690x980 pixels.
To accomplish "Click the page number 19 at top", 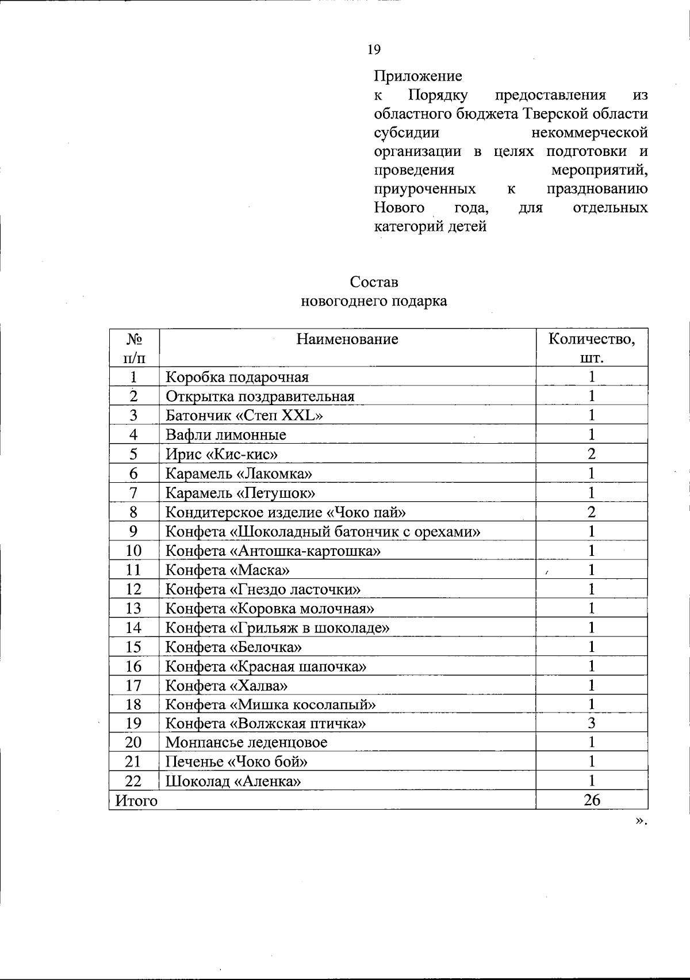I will click(x=374, y=50).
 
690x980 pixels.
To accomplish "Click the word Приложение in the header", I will click(x=418, y=76).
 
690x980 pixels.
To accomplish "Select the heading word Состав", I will click(x=374, y=283).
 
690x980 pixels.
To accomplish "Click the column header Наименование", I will click(x=347, y=339).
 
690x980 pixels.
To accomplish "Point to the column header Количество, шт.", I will click(x=592, y=348).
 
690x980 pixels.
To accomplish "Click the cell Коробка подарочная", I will click(x=237, y=377).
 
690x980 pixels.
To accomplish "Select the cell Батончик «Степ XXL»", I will click(x=244, y=415).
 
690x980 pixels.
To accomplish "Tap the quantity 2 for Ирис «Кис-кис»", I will click(x=591, y=454).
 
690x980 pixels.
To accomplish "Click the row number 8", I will click(x=133, y=512).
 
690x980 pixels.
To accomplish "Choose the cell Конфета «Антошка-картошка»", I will click(x=273, y=551).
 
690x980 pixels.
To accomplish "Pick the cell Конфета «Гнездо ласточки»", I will click(x=263, y=589).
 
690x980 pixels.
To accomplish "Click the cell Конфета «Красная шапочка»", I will click(x=266, y=666).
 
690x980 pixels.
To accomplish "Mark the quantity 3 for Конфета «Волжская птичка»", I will click(x=591, y=723).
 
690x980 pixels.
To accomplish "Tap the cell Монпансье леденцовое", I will click(x=246, y=742).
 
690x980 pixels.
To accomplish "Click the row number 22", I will click(x=133, y=781).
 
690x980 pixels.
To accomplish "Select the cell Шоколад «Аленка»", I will click(x=233, y=781).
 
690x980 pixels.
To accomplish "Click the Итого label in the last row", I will click(x=136, y=800).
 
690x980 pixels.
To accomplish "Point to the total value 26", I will click(x=592, y=800).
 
